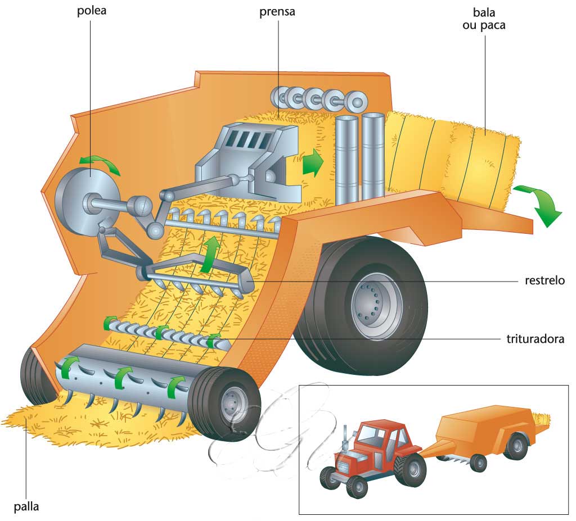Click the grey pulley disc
[79, 197]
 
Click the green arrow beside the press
[313, 164]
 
